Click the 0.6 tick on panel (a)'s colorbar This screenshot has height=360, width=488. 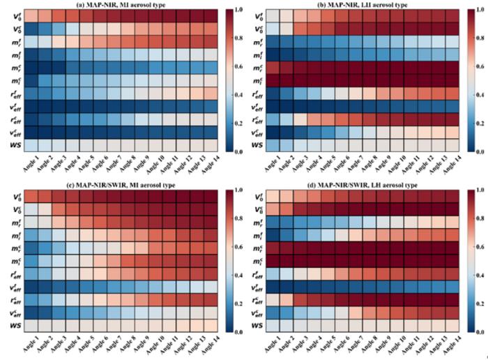(240, 67)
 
